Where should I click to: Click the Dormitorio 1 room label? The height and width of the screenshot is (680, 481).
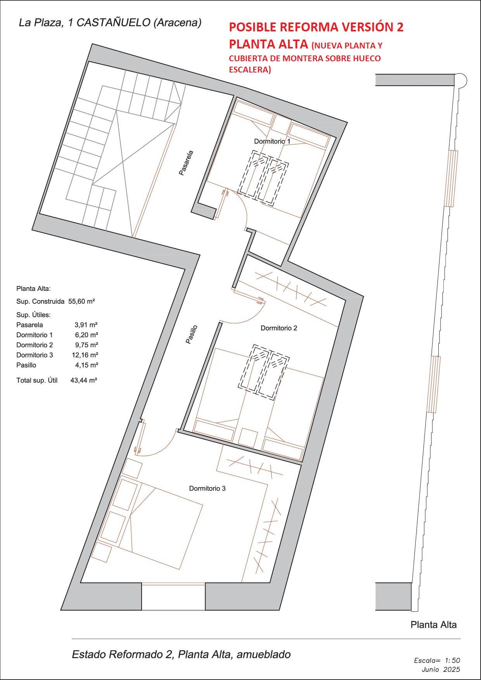pos(272,142)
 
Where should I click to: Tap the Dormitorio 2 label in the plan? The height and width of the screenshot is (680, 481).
pos(279,328)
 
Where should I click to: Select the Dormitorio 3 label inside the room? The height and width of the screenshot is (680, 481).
pos(207,488)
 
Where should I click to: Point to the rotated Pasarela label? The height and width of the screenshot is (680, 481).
pos(186,163)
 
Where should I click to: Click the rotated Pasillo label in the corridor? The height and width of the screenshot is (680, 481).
pos(192,334)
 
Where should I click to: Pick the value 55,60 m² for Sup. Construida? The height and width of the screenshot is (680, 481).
pos(81,301)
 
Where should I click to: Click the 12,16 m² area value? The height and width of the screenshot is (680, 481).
pos(86,355)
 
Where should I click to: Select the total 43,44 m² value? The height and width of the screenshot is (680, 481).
pos(83,380)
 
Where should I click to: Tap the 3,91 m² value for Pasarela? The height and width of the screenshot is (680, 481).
pos(86,325)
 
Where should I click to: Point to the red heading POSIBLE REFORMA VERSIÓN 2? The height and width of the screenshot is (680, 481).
pos(316,27)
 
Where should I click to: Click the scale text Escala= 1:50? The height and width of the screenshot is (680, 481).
pos(437,660)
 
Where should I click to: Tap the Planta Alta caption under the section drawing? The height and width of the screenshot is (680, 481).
pos(433,625)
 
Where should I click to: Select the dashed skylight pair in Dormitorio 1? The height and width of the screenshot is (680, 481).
pos(264,176)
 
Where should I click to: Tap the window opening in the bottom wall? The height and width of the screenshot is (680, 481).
pos(173,596)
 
